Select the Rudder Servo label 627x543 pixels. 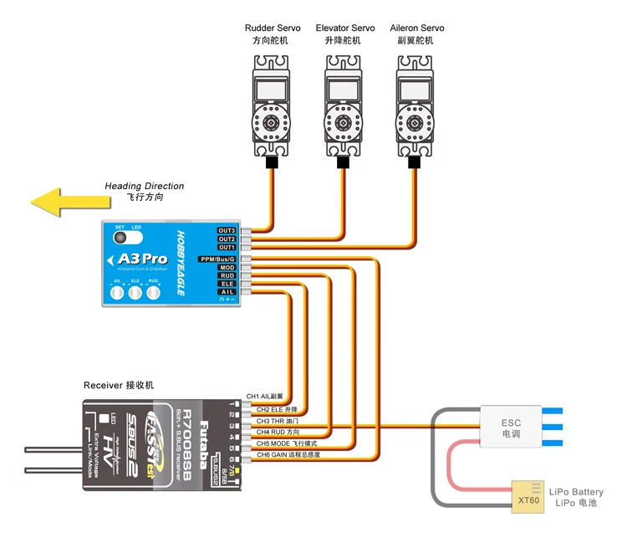pyautogui.click(x=273, y=28)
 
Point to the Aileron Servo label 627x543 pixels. pyautogui.click(x=417, y=28)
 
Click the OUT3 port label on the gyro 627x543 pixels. pyautogui.click(x=227, y=230)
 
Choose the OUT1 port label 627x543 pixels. pyautogui.click(x=227, y=248)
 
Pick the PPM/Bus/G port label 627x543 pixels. pyautogui.click(x=217, y=259)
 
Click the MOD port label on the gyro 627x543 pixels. pyautogui.click(x=227, y=268)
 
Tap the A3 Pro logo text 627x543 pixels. pyautogui.click(x=142, y=259)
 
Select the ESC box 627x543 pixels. pyautogui.click(x=511, y=428)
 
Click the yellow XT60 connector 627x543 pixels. pyautogui.click(x=528, y=495)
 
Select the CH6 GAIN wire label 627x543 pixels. pyautogui.click(x=288, y=454)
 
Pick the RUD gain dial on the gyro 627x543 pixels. pyautogui.click(x=153, y=292)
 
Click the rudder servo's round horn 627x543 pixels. pyautogui.click(x=273, y=122)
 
